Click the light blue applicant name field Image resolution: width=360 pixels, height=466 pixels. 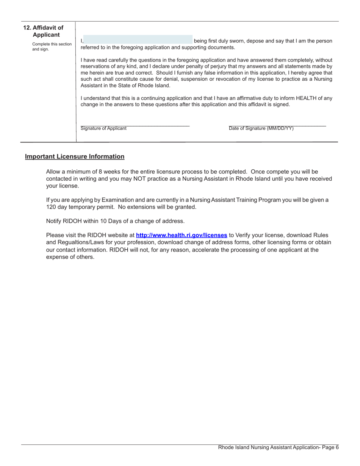click(138, 40)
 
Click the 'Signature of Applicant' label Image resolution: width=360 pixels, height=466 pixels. click(103, 128)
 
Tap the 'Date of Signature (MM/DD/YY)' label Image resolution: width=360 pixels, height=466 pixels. click(261, 128)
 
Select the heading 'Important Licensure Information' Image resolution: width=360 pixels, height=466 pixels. click(75, 156)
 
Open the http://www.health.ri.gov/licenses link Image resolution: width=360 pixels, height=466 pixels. click(182, 235)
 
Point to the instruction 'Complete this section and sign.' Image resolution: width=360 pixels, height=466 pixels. click(52, 47)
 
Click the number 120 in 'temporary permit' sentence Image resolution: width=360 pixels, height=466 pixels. click(51, 207)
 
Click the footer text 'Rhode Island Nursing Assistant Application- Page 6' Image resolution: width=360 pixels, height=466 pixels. click(278, 447)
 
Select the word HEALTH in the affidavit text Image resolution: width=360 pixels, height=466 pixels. click(307, 98)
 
